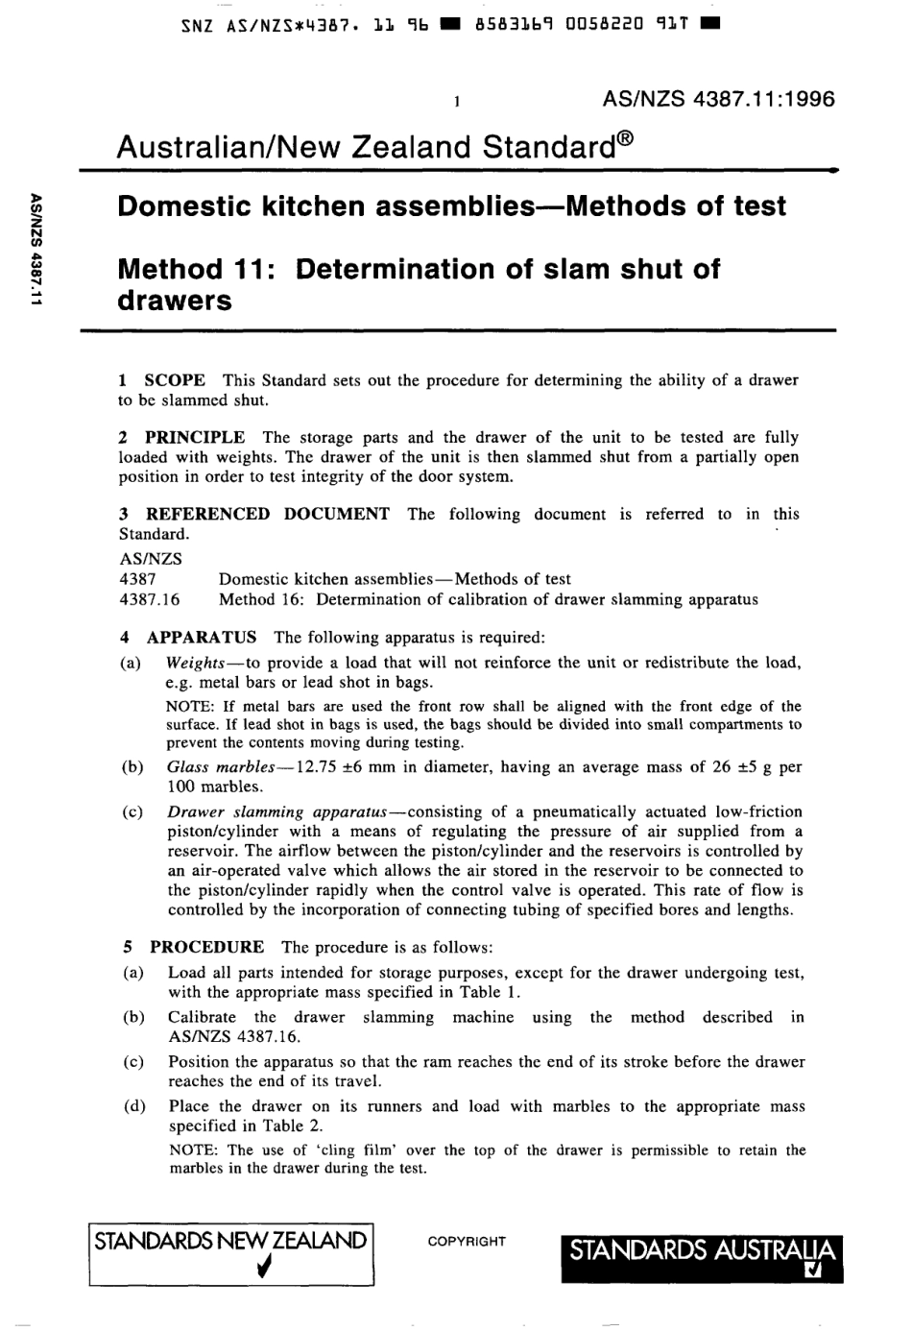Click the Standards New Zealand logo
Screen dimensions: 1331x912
230,1253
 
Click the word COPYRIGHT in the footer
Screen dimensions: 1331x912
467,1242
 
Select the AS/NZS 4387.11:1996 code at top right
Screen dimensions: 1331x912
718,99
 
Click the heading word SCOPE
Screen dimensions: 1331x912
174,380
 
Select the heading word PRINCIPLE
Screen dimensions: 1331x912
195,437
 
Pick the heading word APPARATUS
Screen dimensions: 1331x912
202,637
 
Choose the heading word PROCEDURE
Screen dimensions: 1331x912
206,947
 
